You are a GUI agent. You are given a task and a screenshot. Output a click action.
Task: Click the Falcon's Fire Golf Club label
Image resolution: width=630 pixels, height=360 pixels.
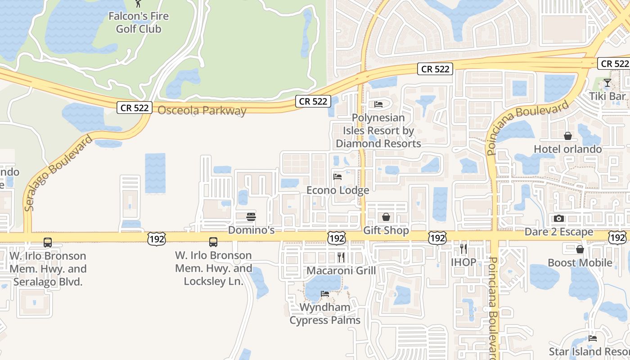point(139,22)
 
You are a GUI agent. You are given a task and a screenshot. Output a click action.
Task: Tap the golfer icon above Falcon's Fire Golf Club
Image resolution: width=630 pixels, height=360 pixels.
point(138,4)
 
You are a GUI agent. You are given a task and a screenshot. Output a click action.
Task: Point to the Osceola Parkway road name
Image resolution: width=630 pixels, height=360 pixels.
point(202,110)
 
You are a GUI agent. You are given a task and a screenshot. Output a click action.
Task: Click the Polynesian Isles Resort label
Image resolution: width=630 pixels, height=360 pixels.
point(378,130)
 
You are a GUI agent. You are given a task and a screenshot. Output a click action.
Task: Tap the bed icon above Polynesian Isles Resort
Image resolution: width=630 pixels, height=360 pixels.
point(378,104)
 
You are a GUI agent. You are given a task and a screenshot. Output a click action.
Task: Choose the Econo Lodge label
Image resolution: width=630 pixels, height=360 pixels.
point(337,190)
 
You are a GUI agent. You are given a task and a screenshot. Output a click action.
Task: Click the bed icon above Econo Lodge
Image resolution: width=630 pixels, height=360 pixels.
point(337,177)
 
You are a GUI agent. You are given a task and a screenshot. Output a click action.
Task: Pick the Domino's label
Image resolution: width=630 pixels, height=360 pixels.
point(251,230)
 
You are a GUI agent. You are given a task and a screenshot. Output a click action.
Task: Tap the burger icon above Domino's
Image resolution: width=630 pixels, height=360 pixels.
point(251,217)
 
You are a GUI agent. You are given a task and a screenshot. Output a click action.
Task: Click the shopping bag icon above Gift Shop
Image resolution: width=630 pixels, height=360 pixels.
point(386,217)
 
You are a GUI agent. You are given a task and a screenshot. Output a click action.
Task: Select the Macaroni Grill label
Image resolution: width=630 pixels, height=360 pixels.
point(341,270)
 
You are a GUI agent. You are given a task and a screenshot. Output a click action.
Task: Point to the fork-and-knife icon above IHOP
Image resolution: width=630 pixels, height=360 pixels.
point(463,248)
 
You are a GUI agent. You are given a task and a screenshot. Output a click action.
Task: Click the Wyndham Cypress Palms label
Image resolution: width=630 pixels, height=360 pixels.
point(325,314)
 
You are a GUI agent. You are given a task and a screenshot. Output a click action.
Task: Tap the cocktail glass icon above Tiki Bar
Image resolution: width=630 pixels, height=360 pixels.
point(607,83)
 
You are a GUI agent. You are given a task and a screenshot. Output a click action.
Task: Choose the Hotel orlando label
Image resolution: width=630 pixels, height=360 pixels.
point(567,149)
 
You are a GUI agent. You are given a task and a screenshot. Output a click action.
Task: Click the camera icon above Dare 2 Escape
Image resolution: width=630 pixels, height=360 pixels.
point(559,219)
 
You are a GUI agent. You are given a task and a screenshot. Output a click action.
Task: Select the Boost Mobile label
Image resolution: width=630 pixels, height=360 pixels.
point(580,262)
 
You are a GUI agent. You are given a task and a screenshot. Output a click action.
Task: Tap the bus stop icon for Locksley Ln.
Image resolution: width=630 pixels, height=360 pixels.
point(213,242)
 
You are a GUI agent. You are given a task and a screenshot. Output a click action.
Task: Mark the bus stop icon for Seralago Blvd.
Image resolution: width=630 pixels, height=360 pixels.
point(48,243)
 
